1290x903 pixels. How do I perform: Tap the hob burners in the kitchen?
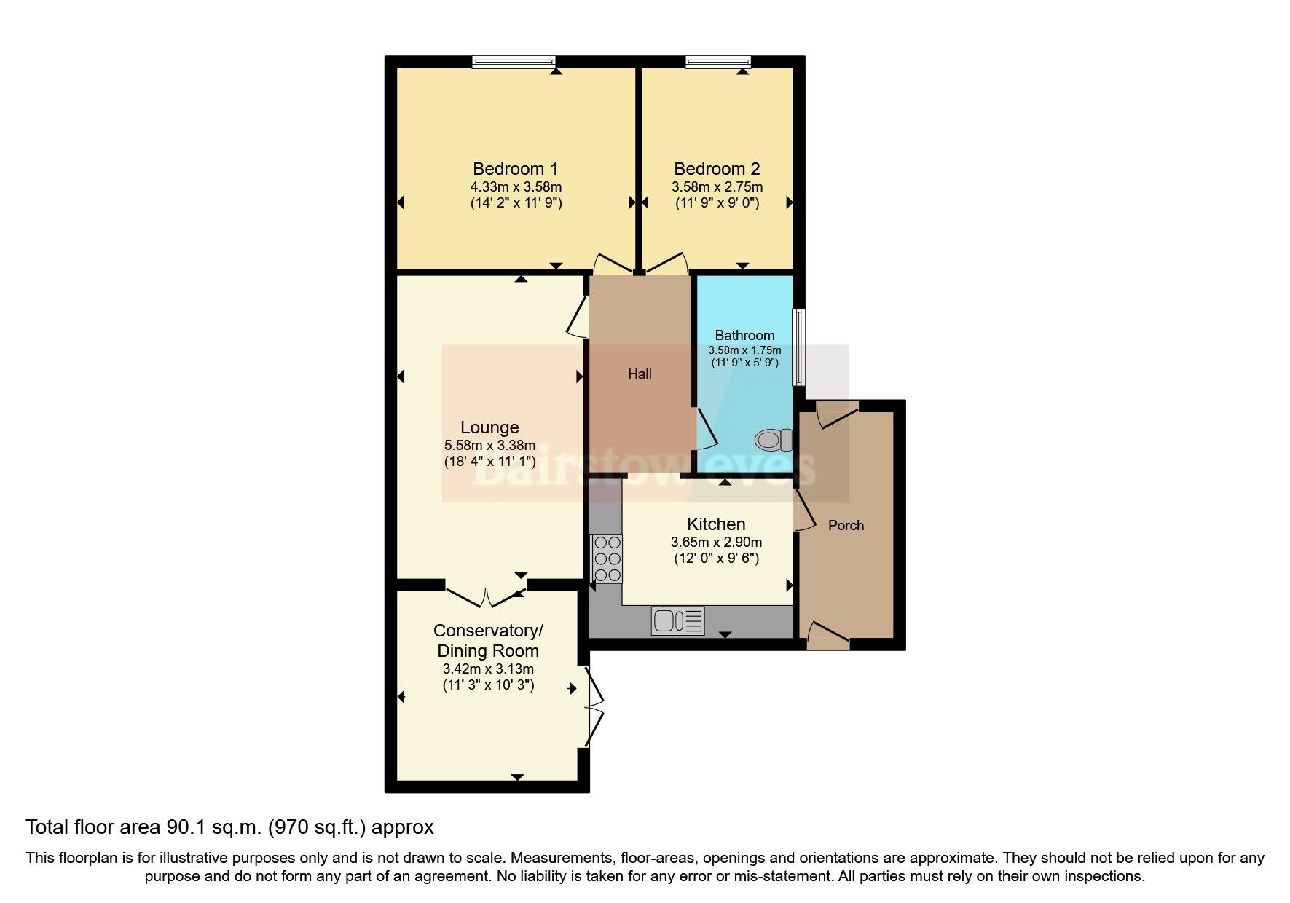[607, 559]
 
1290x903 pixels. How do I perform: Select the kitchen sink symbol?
[678, 620]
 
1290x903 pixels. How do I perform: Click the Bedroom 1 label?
[516, 169]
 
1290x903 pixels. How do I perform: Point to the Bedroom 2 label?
[717, 169]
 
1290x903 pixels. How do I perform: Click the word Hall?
[640, 374]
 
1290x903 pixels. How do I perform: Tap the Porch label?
[846, 525]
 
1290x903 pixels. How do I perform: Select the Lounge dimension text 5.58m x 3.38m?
[489, 445]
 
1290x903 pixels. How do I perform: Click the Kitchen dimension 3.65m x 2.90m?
[716, 543]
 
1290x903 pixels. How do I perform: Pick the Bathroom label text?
[744, 336]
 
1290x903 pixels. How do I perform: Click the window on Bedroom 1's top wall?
[514, 63]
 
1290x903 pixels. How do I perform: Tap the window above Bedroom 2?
[717, 63]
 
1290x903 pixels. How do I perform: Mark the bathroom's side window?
[799, 347]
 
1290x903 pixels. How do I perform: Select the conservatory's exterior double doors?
[595, 706]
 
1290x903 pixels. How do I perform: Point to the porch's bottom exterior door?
[828, 636]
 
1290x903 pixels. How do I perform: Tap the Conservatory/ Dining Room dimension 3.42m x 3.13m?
[488, 669]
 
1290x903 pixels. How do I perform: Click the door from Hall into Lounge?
[578, 317]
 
